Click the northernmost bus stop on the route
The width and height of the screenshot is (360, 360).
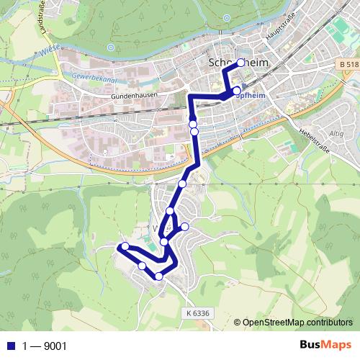[240, 63]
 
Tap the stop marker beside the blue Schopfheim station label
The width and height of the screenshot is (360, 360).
[237, 90]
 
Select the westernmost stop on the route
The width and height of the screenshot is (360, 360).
[125, 246]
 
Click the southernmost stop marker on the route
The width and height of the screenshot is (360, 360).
[159, 276]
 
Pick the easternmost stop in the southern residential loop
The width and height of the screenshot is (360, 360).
[185, 227]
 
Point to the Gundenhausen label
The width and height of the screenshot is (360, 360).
[133, 95]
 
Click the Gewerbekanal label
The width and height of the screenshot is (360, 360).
[96, 76]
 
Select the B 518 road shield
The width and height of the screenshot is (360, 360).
[345, 65]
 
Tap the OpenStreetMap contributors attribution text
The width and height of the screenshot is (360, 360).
[297, 322]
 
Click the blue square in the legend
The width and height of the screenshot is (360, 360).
[9, 345]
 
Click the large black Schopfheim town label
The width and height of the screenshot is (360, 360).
[237, 63]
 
